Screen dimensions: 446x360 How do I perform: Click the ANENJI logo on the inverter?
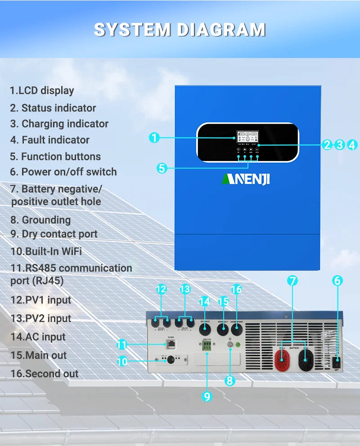[x=245, y=179]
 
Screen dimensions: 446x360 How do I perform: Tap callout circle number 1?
[x=154, y=138]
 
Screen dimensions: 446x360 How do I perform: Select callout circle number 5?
[x=162, y=168]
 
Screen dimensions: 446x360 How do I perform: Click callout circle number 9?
[x=207, y=396]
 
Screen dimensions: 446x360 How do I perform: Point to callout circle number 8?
[x=229, y=380]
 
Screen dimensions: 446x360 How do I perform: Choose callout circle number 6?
[x=337, y=281]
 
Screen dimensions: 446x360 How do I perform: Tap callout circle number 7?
[x=292, y=281]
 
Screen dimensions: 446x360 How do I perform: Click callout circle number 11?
[x=121, y=345]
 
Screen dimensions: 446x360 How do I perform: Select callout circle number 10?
[x=121, y=361]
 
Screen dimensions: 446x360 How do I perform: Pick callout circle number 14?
[x=204, y=301]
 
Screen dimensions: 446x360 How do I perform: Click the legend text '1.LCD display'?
[x=42, y=90]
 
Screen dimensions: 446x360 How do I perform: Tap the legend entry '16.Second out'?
[x=45, y=374]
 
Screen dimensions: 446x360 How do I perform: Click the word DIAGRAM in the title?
[x=221, y=30]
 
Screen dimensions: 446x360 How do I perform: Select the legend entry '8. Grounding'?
[x=40, y=220]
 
